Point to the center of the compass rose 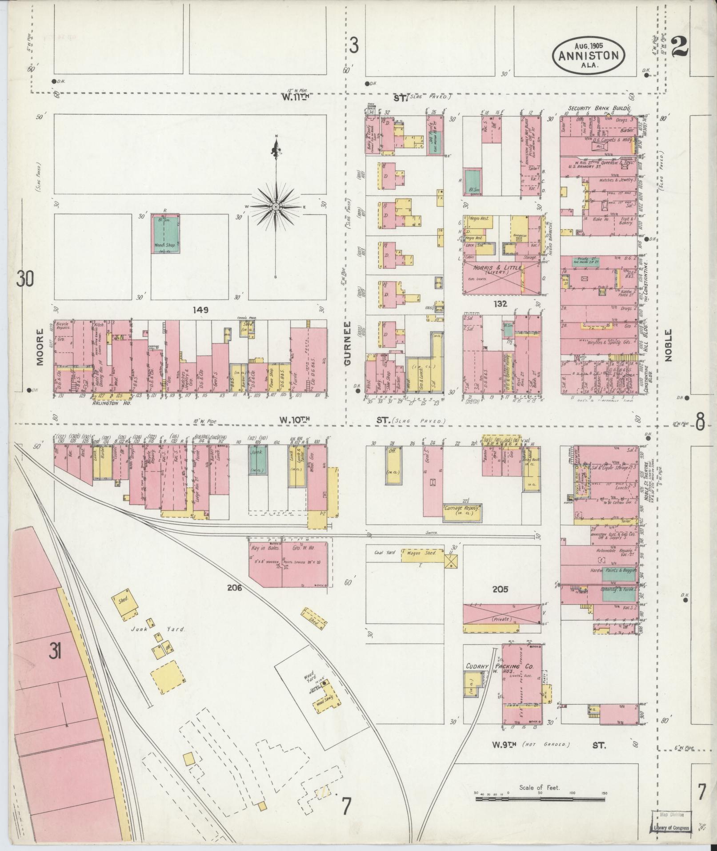(x=276, y=207)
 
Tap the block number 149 (x=200, y=310)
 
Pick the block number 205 (x=500, y=590)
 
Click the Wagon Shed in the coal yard (x=422, y=554)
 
